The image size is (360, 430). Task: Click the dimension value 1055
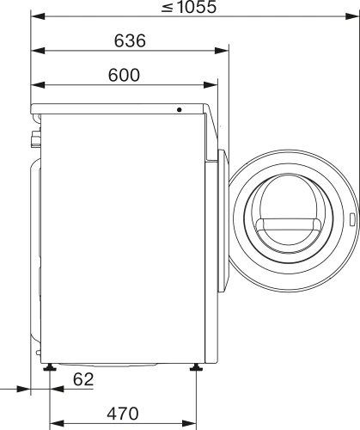pos(197,7)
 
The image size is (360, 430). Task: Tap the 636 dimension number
pos(130,40)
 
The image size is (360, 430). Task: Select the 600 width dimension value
pos(124,75)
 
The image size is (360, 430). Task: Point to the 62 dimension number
pos(83,379)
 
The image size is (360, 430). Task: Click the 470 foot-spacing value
pos(123,414)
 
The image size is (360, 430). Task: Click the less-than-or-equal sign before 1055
pos(168,7)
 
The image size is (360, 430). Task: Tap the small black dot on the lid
pos(180,109)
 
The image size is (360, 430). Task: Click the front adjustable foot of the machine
pos(197,367)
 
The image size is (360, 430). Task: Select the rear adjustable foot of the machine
pos(50,367)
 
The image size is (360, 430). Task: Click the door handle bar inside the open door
pos(289,224)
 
